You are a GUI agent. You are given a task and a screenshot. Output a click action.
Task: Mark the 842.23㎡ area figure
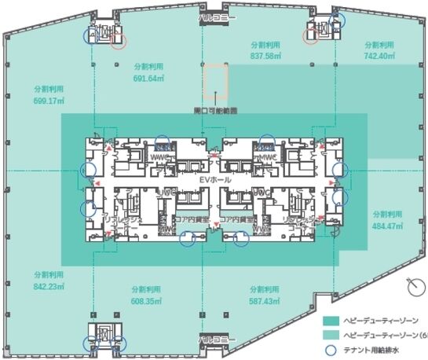[x=49, y=286]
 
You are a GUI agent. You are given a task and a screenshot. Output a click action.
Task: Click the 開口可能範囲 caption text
[x=214, y=109]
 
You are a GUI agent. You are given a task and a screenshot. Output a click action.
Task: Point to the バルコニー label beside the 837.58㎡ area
[x=214, y=15]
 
